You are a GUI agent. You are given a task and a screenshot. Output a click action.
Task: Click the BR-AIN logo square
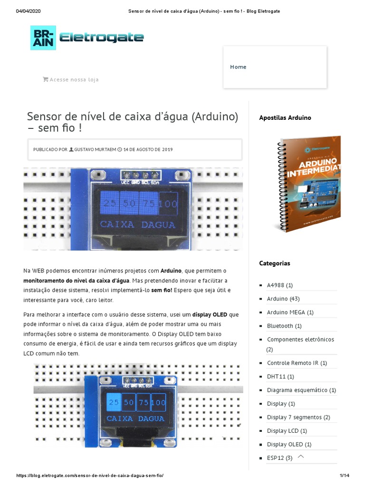[x=43, y=38]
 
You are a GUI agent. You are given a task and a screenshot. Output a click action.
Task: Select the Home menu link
[x=238, y=67]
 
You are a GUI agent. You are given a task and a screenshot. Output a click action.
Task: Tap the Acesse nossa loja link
[x=74, y=80]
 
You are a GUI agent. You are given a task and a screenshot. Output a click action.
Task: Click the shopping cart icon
[x=46, y=79]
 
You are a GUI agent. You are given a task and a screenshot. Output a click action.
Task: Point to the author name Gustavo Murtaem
[x=95, y=149]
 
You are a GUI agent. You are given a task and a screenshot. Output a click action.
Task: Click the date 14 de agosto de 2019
[x=148, y=149]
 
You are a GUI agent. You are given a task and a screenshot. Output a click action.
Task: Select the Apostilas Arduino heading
[x=285, y=117]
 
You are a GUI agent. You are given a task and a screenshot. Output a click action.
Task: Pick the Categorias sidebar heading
[x=274, y=263]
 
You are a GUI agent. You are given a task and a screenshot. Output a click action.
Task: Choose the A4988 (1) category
[x=279, y=285]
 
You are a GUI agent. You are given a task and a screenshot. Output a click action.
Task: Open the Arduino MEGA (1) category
[x=290, y=312]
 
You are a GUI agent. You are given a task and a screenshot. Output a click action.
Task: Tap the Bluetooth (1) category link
[x=284, y=326]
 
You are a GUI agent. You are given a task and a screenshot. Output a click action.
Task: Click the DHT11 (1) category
[x=280, y=376]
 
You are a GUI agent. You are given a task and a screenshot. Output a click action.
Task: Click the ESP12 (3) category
[x=279, y=458]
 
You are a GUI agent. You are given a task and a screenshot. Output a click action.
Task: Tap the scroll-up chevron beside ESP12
[x=300, y=457]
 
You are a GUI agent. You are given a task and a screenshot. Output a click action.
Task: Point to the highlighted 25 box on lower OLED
[x=114, y=402]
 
